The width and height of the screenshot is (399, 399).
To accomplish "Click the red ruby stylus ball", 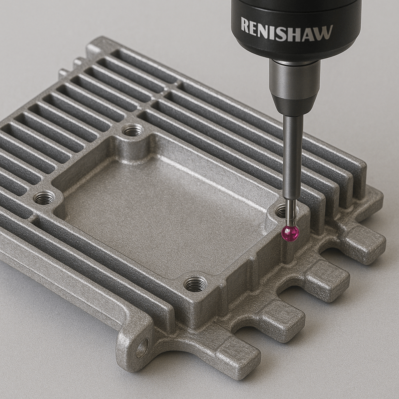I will click(x=290, y=233).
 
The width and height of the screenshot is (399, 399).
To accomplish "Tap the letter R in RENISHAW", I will click(x=245, y=25).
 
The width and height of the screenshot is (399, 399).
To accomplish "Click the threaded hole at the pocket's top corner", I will click(x=133, y=131).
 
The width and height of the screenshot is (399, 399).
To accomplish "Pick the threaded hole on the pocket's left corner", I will click(x=44, y=198).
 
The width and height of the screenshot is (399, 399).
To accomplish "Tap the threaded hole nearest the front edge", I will click(x=195, y=284).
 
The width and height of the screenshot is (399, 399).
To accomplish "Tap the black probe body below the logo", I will click(x=296, y=49).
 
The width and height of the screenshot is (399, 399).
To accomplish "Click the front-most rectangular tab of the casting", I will click(x=238, y=357).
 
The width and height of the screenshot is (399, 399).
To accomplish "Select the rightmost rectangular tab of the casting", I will click(x=364, y=244).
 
